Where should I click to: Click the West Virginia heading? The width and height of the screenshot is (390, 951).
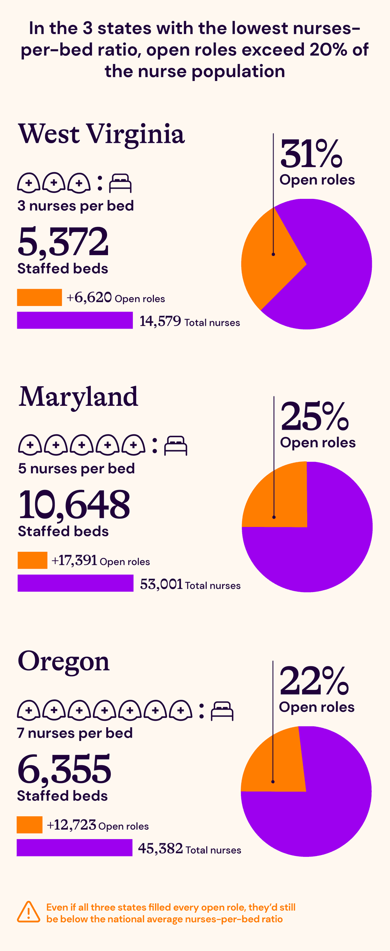(x=101, y=134)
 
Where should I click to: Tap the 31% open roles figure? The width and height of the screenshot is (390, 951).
(x=311, y=154)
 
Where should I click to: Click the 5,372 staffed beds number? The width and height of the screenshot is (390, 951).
(x=63, y=242)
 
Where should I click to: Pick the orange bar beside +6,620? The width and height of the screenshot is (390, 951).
(x=39, y=297)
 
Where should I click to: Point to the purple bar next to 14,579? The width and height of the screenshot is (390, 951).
(x=75, y=321)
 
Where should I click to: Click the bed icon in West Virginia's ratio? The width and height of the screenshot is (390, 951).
(x=120, y=183)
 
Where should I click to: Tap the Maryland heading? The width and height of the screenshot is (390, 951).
(x=78, y=397)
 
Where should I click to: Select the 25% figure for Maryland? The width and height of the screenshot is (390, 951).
(x=314, y=417)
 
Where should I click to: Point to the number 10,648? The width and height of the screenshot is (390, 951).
(x=74, y=505)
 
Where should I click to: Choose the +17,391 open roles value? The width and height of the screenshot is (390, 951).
(x=74, y=561)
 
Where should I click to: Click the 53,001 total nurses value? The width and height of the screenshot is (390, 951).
(x=161, y=584)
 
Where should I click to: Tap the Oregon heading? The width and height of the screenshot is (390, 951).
(x=64, y=662)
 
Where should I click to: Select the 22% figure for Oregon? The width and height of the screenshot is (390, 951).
(x=314, y=681)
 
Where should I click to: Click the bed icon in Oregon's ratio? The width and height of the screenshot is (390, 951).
(x=222, y=711)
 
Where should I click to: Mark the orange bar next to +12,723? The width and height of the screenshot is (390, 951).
(x=29, y=825)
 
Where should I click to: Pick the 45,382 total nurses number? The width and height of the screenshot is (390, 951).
(x=160, y=849)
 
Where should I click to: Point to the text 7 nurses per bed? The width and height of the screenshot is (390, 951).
(x=75, y=733)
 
